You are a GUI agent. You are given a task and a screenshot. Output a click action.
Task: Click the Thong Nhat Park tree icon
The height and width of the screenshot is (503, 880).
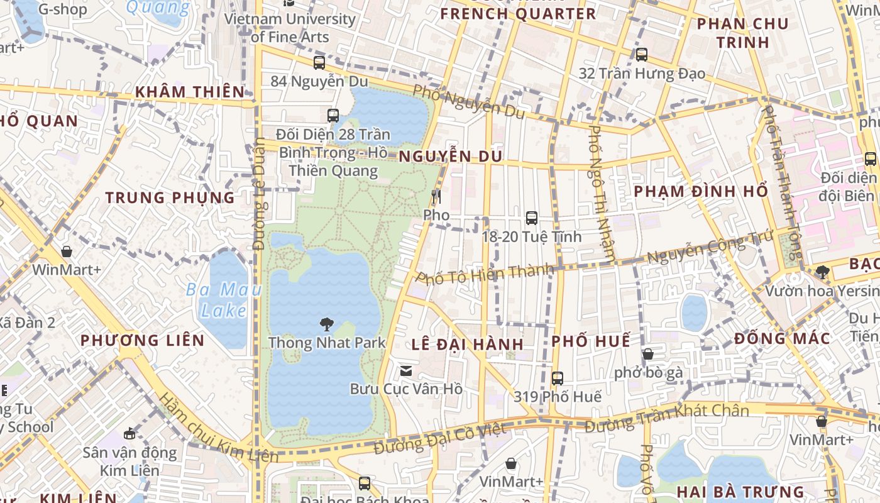coord(326,324)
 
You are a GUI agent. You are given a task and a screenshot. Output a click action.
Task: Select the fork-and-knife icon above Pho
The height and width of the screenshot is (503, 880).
coord(436,197)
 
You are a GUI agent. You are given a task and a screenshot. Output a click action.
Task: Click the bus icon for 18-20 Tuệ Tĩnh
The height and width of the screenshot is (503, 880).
coord(532,218)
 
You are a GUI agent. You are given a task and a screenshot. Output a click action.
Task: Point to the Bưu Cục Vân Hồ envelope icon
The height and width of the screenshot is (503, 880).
coord(406,371)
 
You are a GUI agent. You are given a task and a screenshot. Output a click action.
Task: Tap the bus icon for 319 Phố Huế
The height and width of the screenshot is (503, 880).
coord(558,379)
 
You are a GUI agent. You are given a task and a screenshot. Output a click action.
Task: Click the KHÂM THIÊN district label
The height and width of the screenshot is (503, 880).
coord(190,92)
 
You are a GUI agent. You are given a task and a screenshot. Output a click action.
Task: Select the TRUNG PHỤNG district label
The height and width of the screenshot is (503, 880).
coord(170,197)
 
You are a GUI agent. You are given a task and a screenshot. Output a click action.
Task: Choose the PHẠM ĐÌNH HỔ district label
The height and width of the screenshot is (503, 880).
coord(701,191)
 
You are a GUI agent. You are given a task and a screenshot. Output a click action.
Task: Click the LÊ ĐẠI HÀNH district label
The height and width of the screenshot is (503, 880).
coord(468,344)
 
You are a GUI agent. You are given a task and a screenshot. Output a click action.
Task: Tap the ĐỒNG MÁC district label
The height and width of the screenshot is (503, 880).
coord(782,338)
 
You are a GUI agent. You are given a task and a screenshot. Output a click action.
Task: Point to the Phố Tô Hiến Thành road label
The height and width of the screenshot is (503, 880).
coord(485,274)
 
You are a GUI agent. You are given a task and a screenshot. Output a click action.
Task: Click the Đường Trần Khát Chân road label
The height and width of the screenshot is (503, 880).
coord(667,417)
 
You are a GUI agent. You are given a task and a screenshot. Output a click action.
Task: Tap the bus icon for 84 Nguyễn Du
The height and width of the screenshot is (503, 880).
coord(319,63)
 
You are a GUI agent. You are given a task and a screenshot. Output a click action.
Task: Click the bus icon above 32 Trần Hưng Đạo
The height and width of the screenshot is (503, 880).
coord(642,55)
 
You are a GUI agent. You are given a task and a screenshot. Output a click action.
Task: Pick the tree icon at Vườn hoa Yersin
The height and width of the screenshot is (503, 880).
coord(822,272)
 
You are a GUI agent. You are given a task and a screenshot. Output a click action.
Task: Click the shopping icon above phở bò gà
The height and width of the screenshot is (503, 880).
coord(648,354)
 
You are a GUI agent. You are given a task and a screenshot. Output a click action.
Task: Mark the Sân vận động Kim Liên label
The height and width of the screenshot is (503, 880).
coord(129,461)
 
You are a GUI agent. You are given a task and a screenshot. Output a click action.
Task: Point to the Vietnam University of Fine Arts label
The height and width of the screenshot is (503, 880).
coord(290,28)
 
